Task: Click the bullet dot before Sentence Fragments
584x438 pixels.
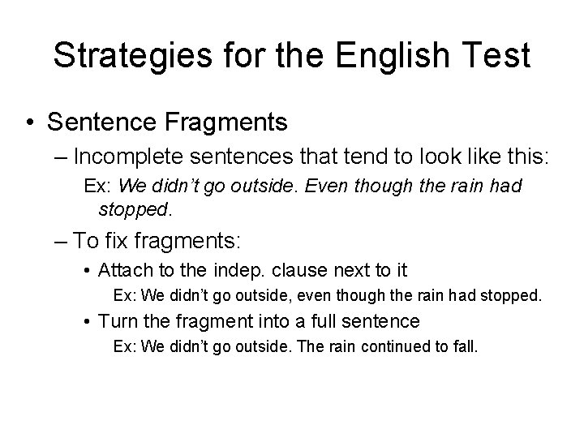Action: pyautogui.click(x=29, y=122)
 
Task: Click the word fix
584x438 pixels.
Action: pyautogui.click(x=119, y=240)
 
